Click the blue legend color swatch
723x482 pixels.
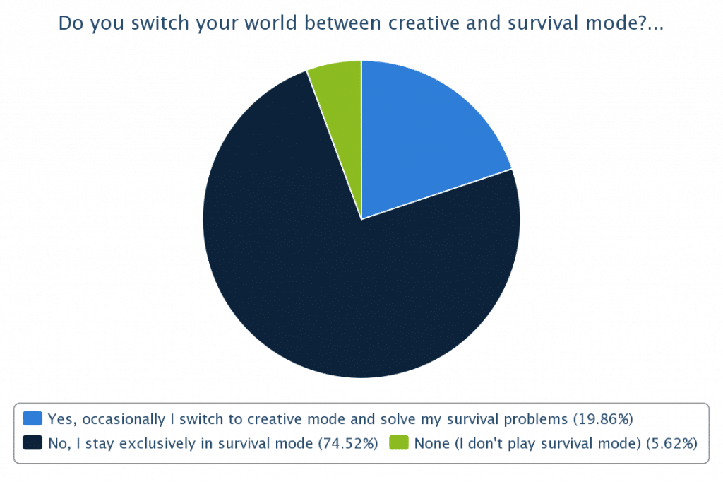point(32,418)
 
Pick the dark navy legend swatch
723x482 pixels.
point(32,442)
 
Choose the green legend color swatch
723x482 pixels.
point(399,442)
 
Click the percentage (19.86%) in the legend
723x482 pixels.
point(603,419)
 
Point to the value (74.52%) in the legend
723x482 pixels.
point(348,443)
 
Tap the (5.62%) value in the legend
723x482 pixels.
point(672,443)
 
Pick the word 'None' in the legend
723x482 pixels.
point(432,443)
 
